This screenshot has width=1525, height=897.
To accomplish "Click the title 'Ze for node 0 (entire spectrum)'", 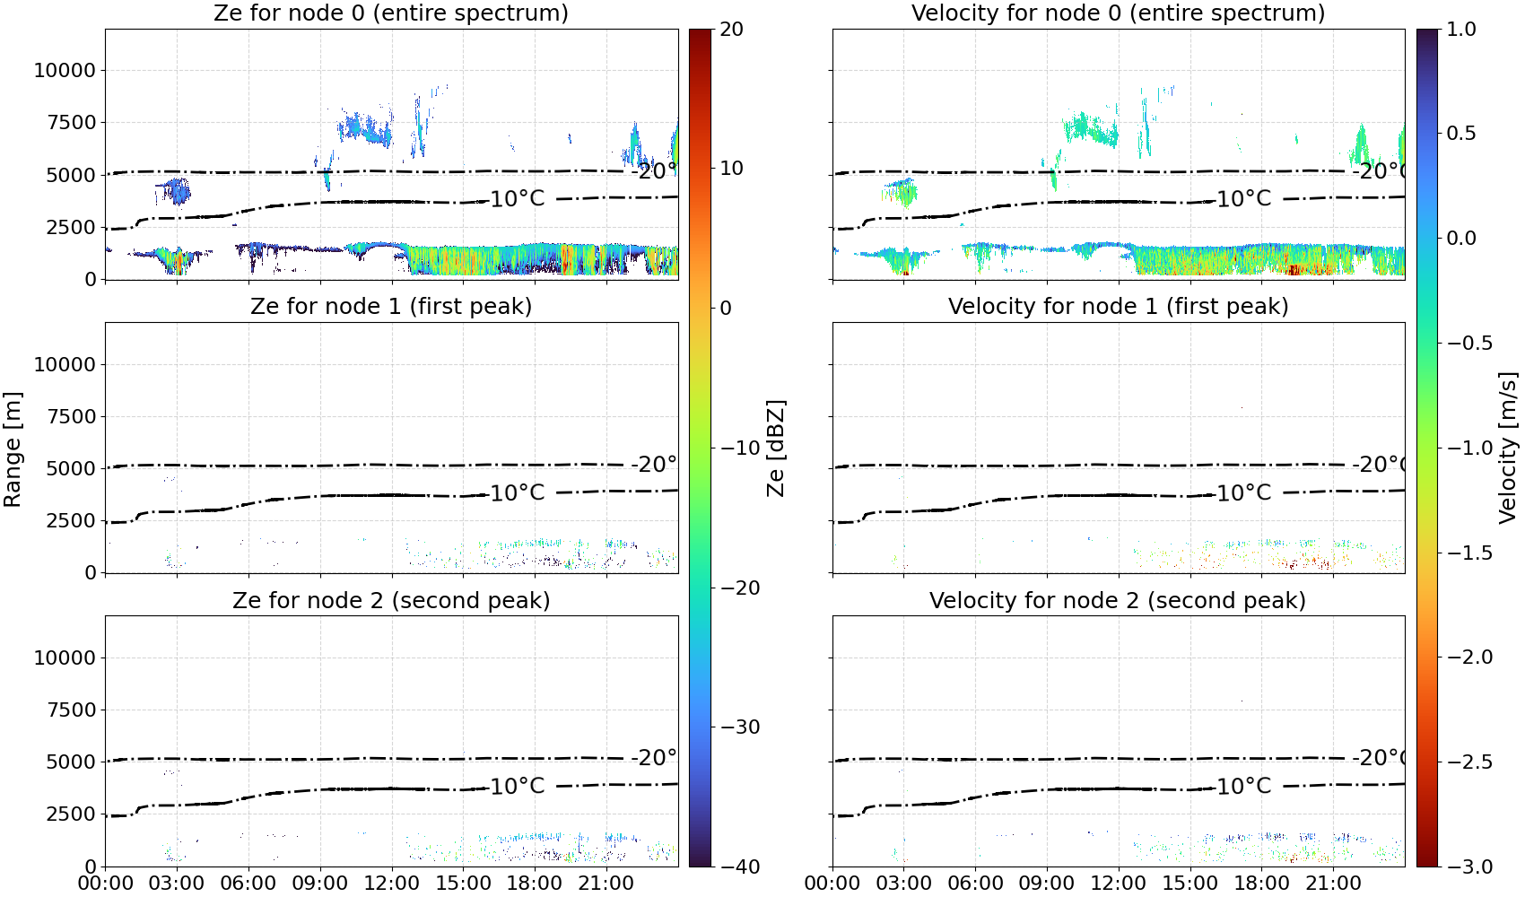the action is click(391, 13).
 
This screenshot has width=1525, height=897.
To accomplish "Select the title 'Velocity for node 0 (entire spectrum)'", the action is click(1118, 13).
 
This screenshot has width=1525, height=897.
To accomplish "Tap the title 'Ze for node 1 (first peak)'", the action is click(391, 306).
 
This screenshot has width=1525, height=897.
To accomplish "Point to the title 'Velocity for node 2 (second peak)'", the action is click(1118, 600).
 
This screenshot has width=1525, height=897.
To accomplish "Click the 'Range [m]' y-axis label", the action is click(13, 449).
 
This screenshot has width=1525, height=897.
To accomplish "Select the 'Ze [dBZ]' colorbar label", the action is click(776, 448).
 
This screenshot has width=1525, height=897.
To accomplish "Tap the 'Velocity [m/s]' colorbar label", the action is click(1509, 448).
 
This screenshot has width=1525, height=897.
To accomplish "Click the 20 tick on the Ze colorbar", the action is click(731, 30).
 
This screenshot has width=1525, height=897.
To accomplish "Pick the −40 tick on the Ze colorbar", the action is click(740, 867).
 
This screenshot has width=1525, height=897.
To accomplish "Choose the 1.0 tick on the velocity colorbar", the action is click(1461, 30).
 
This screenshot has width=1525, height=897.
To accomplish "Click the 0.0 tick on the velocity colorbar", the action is click(1461, 239).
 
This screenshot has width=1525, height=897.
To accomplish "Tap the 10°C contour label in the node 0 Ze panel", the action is click(518, 199).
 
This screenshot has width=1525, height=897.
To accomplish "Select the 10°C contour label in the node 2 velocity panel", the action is click(1244, 786).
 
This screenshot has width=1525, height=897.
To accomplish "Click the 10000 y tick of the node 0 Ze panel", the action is click(65, 70).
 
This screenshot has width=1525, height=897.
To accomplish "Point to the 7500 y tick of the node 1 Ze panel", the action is click(71, 416).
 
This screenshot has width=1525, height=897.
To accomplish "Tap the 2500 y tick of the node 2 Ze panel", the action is click(71, 814).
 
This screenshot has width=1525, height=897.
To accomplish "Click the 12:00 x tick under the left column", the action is click(391, 884).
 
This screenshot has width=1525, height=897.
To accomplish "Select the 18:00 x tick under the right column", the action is click(1261, 884).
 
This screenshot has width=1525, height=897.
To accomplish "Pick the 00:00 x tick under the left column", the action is click(106, 884).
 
